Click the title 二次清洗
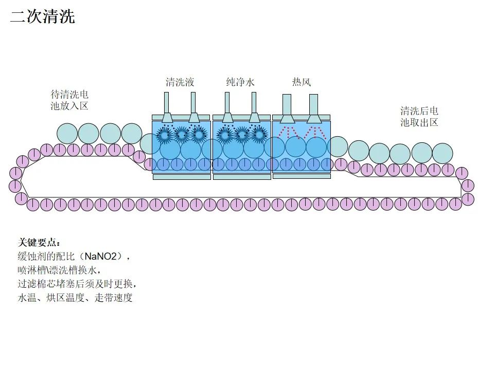pos(43,16)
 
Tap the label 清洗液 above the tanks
pos(180,82)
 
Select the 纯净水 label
pos(240,82)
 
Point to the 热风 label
pos(301,82)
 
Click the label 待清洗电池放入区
pos(69,100)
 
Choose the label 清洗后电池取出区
pos(419,117)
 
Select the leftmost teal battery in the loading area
pos(67,134)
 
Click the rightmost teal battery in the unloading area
pos(442,153)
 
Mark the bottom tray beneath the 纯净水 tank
pos(241,177)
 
